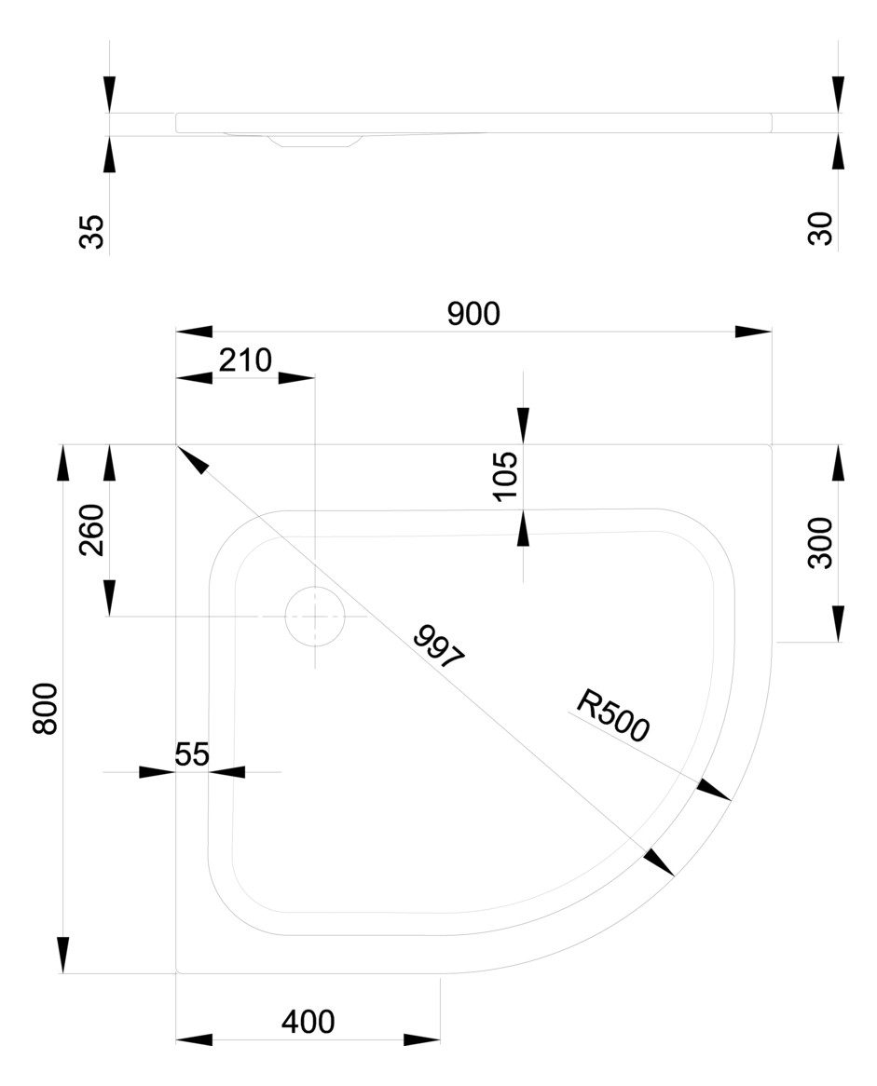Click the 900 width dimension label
pos(473,315)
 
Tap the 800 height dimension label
pos(47,709)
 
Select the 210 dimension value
pos(244,360)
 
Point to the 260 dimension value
pos(92,530)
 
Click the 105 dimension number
pos(505,475)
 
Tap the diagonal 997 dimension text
pos(438,647)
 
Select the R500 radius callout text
pos(611,715)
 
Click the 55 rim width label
pos(192,754)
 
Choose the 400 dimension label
pos(308,1022)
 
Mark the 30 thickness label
pos(820,228)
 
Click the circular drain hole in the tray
pos(315,616)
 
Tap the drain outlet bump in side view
pos(312,141)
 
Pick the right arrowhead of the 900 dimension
pos(754,332)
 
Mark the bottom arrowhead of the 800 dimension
pos(63,956)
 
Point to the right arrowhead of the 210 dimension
pos(296,378)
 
